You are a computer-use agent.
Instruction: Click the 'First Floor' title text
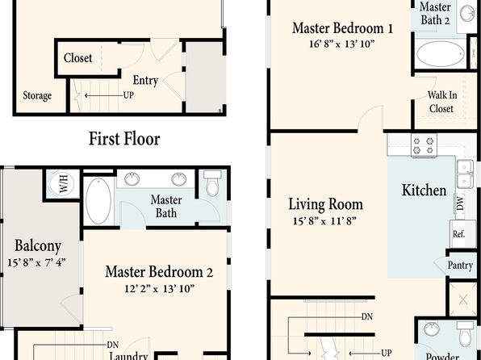pyautogui.click(x=124, y=139)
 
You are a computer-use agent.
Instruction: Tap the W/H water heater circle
pyautogui.click(x=62, y=183)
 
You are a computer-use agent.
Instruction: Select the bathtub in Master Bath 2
pyautogui.click(x=441, y=54)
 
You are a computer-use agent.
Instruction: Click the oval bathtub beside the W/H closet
pyautogui.click(x=98, y=201)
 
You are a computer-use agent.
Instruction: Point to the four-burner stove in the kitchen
pyautogui.click(x=424, y=145)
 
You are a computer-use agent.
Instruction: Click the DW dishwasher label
pyautogui.click(x=460, y=203)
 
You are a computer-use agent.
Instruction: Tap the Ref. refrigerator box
pyautogui.click(x=458, y=233)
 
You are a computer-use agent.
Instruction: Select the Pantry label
pyautogui.click(x=460, y=266)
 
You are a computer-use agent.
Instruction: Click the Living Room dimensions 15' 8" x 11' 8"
pyautogui.click(x=324, y=220)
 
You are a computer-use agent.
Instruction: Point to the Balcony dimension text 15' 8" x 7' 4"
pyautogui.click(x=36, y=262)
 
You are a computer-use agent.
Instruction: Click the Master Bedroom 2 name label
pyautogui.click(x=159, y=272)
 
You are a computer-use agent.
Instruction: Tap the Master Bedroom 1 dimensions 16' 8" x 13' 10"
pyautogui.click(x=342, y=44)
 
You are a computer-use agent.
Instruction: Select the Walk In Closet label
pyautogui.click(x=441, y=102)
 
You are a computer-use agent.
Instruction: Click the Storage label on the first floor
pyautogui.click(x=37, y=96)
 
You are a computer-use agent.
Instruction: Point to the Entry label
pyautogui.click(x=145, y=81)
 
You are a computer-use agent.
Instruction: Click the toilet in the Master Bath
pyautogui.click(x=212, y=183)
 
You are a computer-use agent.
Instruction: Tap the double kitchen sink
pyautogui.click(x=465, y=174)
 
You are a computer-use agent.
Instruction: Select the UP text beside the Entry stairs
pyautogui.click(x=128, y=95)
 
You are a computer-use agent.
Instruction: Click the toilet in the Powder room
pyautogui.click(x=465, y=333)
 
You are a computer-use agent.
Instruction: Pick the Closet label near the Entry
pyautogui.click(x=78, y=57)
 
